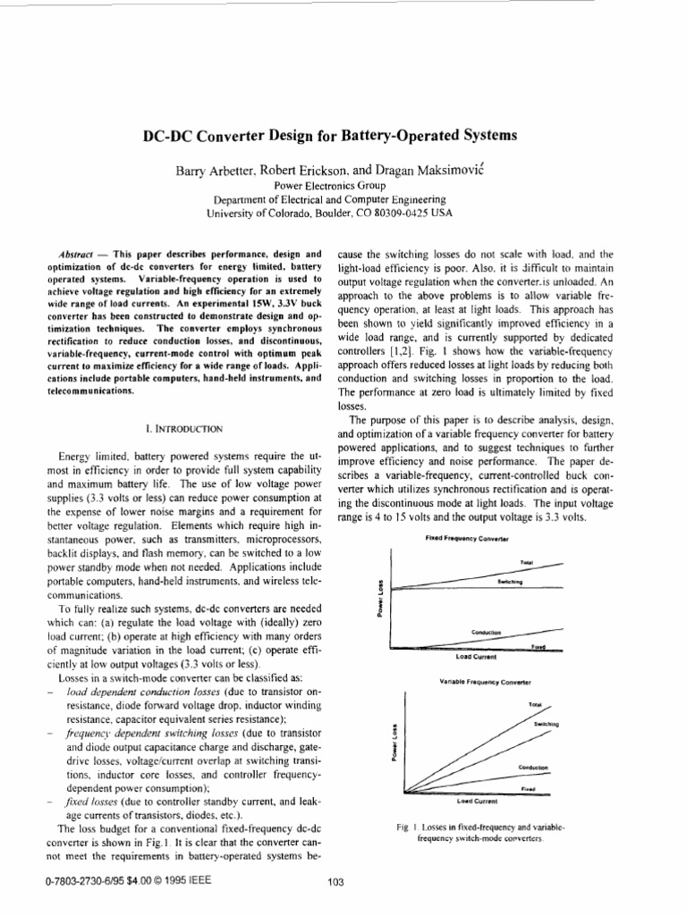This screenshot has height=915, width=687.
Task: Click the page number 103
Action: (336, 883)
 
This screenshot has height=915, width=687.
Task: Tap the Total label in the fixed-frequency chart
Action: (526, 562)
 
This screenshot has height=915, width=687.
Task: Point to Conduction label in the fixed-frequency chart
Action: (486, 632)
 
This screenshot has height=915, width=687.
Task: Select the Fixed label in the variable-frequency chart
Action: (529, 790)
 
